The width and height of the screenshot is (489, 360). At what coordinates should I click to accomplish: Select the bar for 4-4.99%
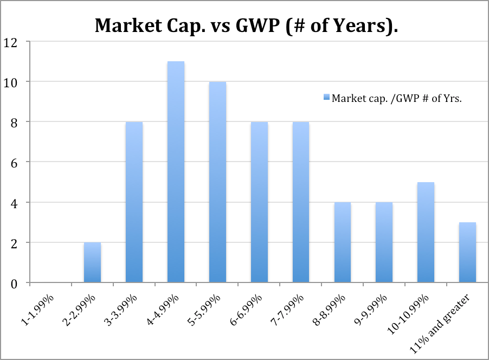[x=176, y=172]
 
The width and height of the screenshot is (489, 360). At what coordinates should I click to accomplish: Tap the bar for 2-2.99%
[x=92, y=262]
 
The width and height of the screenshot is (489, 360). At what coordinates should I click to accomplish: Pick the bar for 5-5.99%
[x=217, y=182]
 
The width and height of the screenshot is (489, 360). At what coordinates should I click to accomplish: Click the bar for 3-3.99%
[x=134, y=202]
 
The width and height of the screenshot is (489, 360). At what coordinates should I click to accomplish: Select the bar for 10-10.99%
[x=426, y=232]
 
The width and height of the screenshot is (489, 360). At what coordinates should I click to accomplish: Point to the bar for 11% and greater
[x=467, y=252]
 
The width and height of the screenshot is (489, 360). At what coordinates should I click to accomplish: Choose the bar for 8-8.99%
[x=343, y=242]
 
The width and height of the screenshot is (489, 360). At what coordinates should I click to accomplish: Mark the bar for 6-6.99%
[x=259, y=202]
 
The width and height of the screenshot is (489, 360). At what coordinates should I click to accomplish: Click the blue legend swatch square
[x=325, y=98]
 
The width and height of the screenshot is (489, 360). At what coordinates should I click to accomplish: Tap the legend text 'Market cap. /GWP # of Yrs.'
[x=396, y=98]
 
